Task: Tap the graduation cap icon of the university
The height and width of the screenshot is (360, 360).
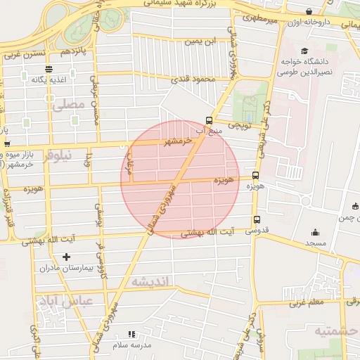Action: pos(304,51)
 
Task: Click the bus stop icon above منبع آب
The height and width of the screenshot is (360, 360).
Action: pos(208,120)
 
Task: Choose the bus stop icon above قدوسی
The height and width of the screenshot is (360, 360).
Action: pos(257,219)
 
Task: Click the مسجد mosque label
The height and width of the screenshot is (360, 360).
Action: pos(316,243)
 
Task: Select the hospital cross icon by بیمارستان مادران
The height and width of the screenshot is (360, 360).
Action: pos(66,257)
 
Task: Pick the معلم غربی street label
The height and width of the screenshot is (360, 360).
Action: pos(305,303)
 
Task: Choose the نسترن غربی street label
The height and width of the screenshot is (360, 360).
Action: pos(32,54)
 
